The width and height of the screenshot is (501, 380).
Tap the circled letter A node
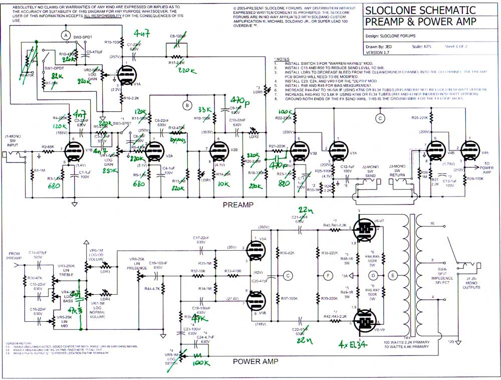[65, 35]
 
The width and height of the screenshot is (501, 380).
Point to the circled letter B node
[187, 105]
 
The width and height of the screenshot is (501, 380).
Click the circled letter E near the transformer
[392, 275]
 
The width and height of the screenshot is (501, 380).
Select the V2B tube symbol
[218, 149]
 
